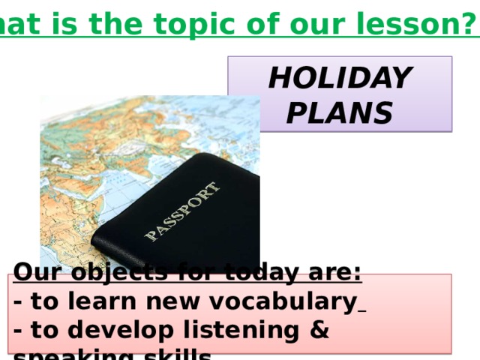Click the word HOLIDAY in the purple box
340,77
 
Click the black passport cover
187,217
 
